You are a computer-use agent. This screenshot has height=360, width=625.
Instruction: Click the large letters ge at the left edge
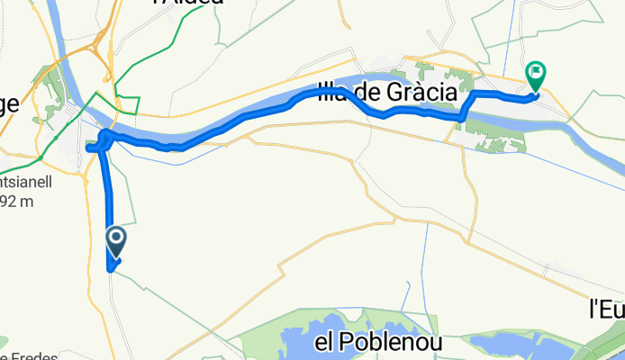[8, 103]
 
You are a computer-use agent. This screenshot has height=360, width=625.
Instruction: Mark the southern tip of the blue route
[110, 267]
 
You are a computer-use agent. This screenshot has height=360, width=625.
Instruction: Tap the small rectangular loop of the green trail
[125, 103]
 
